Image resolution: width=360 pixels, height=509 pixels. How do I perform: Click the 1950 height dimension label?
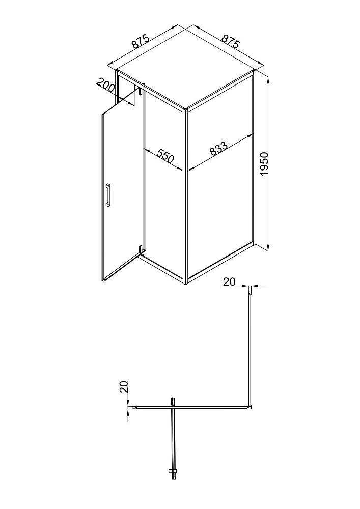265,164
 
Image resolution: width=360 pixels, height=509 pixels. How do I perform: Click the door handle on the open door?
108,195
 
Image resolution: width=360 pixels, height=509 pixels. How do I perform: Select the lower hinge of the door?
140,250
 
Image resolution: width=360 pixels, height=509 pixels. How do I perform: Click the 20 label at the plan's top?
229,282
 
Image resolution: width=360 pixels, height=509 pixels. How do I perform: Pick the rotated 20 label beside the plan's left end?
123,387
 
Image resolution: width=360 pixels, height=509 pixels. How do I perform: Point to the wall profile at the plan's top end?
251,290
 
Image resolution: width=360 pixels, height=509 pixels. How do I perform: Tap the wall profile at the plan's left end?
132,407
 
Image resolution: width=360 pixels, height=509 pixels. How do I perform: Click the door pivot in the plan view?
173,402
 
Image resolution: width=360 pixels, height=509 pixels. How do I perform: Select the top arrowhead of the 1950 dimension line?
268,79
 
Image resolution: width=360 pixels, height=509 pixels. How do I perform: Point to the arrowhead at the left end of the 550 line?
147,151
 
